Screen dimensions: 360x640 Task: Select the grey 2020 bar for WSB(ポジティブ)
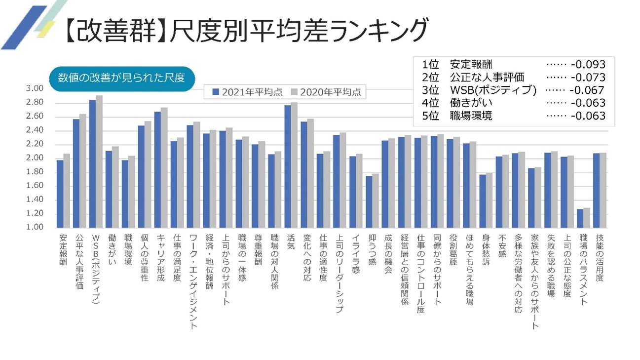(99, 161)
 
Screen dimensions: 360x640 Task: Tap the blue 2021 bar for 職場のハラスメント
(580, 218)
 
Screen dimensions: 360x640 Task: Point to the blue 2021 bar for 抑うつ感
(369, 201)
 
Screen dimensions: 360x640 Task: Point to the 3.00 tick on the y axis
(34, 88)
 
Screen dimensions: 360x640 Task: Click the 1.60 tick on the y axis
(34, 186)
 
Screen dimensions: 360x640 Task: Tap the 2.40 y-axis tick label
(34, 130)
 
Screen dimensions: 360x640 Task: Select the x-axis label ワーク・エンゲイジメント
(193, 281)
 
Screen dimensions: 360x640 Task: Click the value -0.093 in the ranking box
(587, 65)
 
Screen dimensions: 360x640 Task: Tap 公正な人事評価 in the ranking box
(487, 78)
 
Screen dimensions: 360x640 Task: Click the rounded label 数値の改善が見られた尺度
(120, 78)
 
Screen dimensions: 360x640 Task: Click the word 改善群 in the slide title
(113, 31)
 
